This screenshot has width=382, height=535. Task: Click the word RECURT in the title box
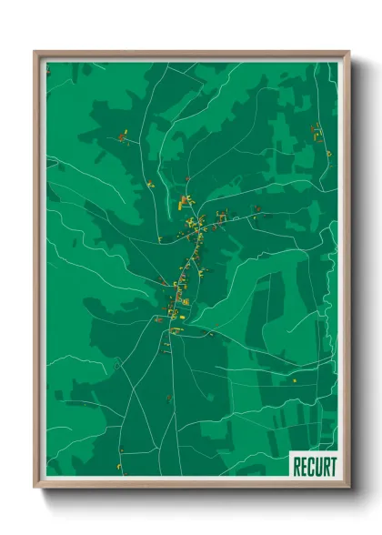click(x=314, y=466)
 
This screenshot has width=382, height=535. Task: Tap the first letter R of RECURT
click(x=296, y=466)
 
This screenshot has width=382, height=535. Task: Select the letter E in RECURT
click(x=303, y=466)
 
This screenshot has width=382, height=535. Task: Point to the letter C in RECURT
click(x=310, y=466)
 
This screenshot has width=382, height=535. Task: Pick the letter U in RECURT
click(x=317, y=466)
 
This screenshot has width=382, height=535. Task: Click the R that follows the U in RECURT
click(x=325, y=466)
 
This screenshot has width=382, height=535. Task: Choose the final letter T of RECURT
click(x=332, y=466)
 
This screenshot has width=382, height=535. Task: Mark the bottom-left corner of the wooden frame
click(x=35, y=488)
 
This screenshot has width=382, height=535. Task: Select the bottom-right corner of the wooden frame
click(x=348, y=488)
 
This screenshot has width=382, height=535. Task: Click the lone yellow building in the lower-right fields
click(x=294, y=379)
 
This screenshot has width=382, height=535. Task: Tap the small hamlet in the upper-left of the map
click(x=122, y=137)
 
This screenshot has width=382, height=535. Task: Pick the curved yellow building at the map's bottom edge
click(x=120, y=469)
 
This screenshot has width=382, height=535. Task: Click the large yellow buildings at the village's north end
click(x=186, y=199)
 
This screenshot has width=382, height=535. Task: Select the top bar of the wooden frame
click(x=191, y=55)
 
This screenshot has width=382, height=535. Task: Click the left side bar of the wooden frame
click(x=38, y=273)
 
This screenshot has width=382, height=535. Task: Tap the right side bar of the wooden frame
click(x=346, y=273)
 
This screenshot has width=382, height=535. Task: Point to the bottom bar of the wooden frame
click(x=191, y=485)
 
